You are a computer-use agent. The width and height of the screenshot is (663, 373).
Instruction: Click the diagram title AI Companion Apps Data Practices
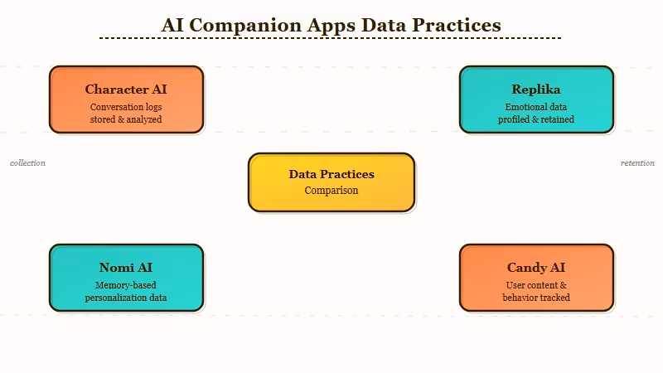click(x=331, y=25)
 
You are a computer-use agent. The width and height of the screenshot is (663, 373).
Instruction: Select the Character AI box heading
click(x=126, y=90)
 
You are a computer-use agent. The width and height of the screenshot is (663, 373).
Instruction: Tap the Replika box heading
click(x=536, y=90)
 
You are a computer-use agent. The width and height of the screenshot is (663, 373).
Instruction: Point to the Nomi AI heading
click(x=126, y=268)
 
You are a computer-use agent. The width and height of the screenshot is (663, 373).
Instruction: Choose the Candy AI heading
click(x=536, y=268)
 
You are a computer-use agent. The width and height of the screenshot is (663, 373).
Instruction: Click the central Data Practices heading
click(x=331, y=174)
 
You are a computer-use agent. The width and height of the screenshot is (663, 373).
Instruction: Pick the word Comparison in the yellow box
click(x=331, y=191)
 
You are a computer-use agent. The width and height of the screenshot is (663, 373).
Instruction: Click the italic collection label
click(x=27, y=163)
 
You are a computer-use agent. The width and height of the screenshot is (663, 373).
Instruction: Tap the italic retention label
click(x=637, y=163)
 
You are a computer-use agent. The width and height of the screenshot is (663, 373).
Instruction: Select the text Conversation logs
click(x=126, y=107)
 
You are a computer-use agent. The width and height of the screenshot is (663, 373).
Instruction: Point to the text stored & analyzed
click(x=126, y=119)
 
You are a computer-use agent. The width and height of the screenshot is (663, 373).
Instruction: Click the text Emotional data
click(x=536, y=107)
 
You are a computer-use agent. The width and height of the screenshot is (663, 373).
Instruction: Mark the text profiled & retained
click(x=536, y=119)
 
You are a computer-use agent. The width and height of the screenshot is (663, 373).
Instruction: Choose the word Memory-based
click(x=126, y=285)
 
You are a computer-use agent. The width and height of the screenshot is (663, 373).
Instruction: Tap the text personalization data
click(x=126, y=298)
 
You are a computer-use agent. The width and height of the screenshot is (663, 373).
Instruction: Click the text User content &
click(x=536, y=285)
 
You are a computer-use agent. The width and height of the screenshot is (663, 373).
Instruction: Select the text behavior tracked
click(x=536, y=298)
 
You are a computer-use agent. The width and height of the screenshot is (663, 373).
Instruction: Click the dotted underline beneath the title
click(x=331, y=38)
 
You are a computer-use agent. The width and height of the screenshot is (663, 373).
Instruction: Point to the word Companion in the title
click(x=245, y=26)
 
